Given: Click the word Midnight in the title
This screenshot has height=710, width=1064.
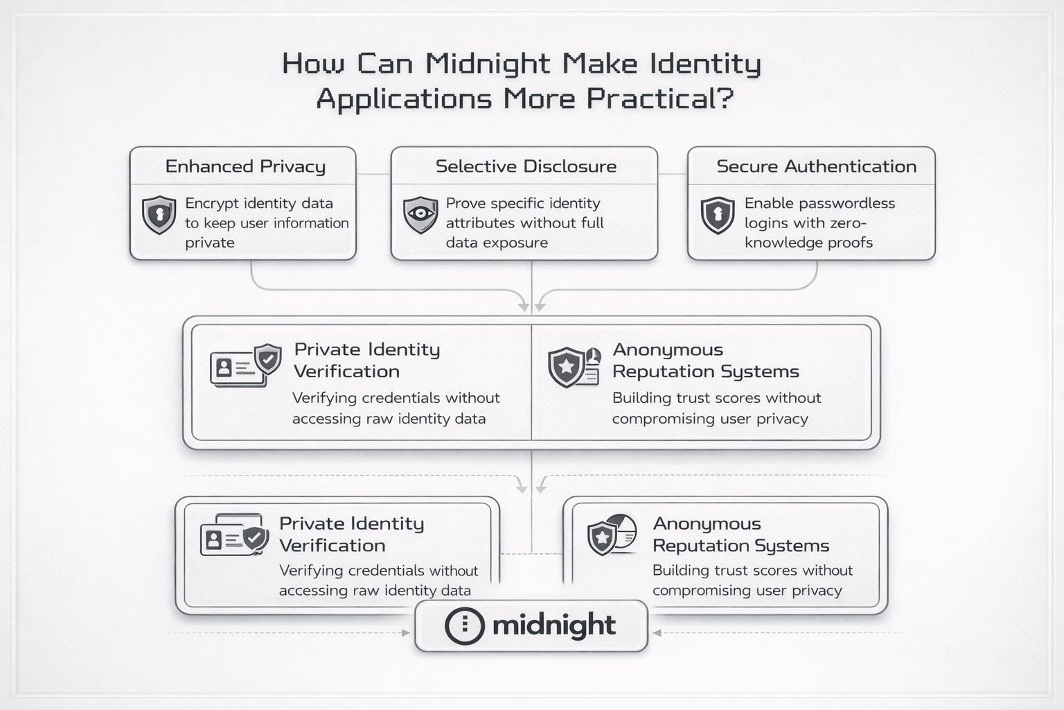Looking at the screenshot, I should (488, 64).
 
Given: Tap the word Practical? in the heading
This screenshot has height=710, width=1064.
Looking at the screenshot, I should (659, 99).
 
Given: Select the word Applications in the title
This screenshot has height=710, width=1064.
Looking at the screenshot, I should (404, 99).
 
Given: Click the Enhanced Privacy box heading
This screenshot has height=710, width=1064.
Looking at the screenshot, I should (245, 166).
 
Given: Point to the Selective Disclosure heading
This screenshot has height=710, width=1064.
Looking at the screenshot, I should (526, 166).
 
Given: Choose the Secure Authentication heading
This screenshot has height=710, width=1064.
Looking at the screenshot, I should (816, 166).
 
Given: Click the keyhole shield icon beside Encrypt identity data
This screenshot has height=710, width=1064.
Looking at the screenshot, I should (159, 214).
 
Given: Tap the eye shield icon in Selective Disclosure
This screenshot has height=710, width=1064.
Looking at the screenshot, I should (420, 214).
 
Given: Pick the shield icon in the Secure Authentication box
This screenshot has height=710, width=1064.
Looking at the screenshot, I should (718, 214).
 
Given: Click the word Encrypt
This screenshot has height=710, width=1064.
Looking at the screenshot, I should (211, 204).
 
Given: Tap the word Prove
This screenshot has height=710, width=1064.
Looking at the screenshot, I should (465, 204).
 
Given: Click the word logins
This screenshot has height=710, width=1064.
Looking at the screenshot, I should (766, 223).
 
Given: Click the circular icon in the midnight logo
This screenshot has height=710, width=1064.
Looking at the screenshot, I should (464, 625).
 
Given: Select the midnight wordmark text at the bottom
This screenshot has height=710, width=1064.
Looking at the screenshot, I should (553, 625).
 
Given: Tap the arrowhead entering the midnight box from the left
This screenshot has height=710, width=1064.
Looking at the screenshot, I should (407, 633).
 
